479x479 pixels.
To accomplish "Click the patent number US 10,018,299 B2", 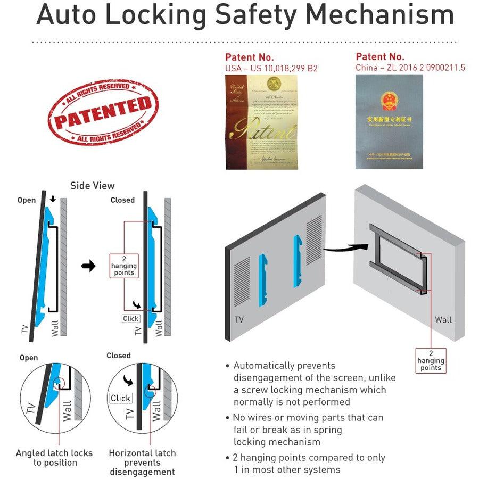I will point(271,68).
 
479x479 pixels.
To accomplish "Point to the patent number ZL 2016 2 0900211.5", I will point(410,68).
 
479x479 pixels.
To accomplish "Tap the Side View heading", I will point(92,186).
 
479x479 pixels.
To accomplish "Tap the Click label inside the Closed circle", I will point(120,398).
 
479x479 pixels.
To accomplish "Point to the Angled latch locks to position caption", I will point(54,458).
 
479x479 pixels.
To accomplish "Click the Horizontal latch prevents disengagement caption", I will point(142,462).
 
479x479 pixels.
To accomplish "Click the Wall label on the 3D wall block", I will point(443,319).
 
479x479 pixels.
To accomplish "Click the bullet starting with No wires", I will point(309,430).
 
